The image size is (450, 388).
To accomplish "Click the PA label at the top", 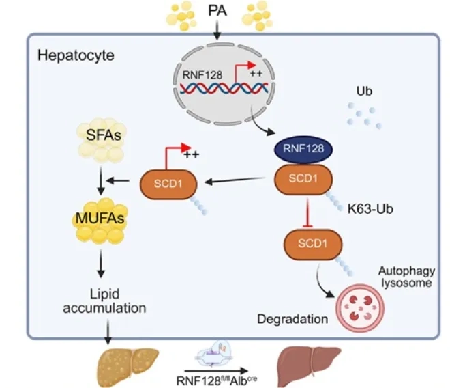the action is point(217,11).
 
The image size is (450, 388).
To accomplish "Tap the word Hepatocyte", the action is point(76,55).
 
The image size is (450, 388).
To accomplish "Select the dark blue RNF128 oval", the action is point(303,149).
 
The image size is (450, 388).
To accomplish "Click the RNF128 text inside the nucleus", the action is point(202,75).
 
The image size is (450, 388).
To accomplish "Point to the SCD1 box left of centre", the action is point(168,184).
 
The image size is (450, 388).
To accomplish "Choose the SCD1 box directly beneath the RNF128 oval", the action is point(303,179).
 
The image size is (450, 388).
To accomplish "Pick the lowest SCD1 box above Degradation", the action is point(313,244).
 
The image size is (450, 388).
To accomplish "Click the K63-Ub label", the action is point(370,209).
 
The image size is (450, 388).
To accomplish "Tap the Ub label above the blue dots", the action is point(364,91).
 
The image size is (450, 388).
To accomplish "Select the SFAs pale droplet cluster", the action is point(102,139).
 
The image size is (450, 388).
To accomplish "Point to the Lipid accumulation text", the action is point(104,301).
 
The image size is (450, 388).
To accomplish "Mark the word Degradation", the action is point(292,319).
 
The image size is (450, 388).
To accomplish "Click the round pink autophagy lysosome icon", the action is point(360,308).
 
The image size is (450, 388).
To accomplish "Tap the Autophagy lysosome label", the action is point(406,277).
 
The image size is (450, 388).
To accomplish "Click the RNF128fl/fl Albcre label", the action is point(217,380).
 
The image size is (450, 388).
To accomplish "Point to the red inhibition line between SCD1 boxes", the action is point(307,212).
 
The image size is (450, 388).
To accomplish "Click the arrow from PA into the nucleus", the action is point(217,31).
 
